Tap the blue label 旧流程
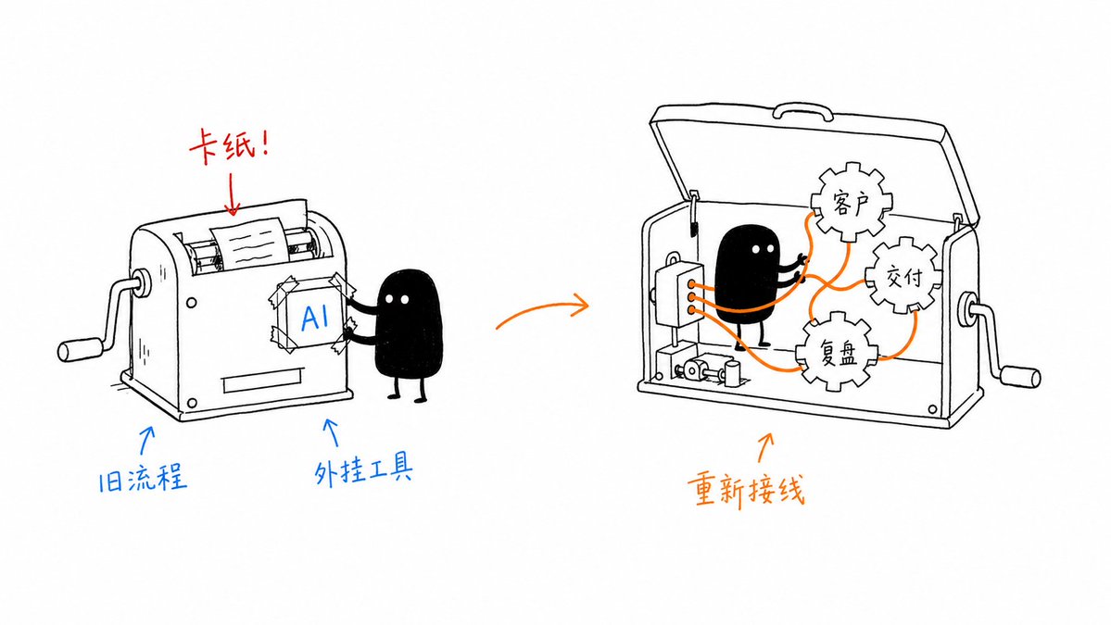143,478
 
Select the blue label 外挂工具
363,469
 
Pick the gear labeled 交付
903,276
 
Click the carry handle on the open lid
802,111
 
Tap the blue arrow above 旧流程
146,439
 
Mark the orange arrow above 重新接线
765,446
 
